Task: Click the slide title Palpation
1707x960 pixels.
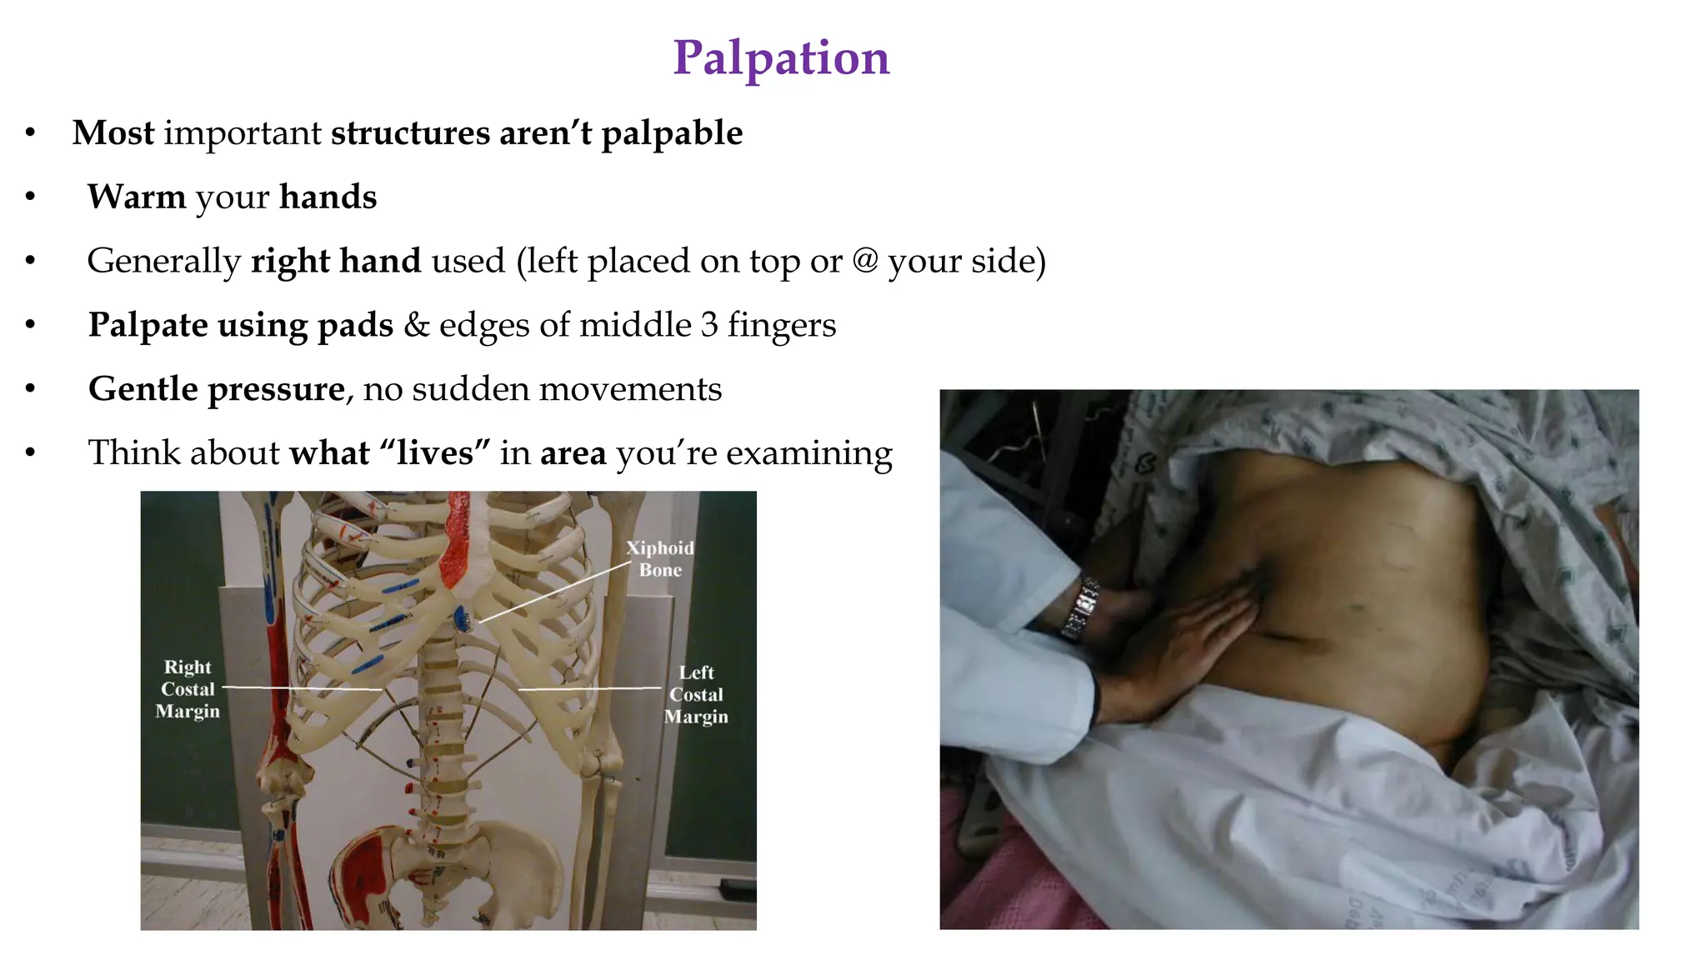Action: tap(781, 58)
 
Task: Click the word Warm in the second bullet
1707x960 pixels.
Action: tap(137, 197)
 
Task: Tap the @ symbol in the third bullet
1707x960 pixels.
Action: tap(865, 261)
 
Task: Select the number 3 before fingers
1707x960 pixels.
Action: tap(709, 325)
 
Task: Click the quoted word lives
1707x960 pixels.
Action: tap(435, 453)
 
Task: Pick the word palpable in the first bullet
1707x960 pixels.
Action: tap(672, 133)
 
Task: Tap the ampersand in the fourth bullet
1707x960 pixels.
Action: tap(416, 325)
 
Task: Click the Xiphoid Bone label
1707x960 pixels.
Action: tap(660, 558)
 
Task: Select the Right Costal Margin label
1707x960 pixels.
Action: tap(188, 689)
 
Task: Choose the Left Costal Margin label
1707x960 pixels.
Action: tap(696, 694)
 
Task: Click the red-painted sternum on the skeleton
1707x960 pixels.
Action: tap(457, 542)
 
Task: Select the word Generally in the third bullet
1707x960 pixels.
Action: tap(164, 262)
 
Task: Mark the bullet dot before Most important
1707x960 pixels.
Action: tap(31, 133)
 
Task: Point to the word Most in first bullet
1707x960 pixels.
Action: tap(113, 133)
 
